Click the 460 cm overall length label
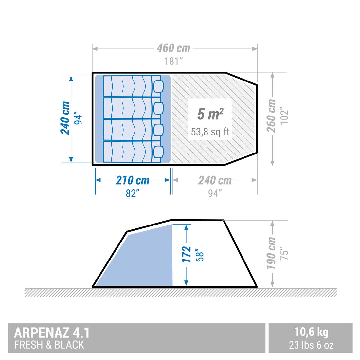coord(173,48)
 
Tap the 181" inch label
coord(173,61)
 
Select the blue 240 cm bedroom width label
coord(65,118)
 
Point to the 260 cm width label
coord(271,116)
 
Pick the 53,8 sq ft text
coord(210,132)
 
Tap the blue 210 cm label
coord(133,180)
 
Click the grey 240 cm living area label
coord(215,180)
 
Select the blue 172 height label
coord(187,254)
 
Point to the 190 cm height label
coord(271,254)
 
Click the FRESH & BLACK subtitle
coord(49,345)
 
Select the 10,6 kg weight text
coord(311,332)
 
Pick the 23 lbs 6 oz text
coord(311,345)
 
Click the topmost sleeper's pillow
coord(158,86)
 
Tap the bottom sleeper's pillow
coord(158,152)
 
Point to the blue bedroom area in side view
coord(147,259)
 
